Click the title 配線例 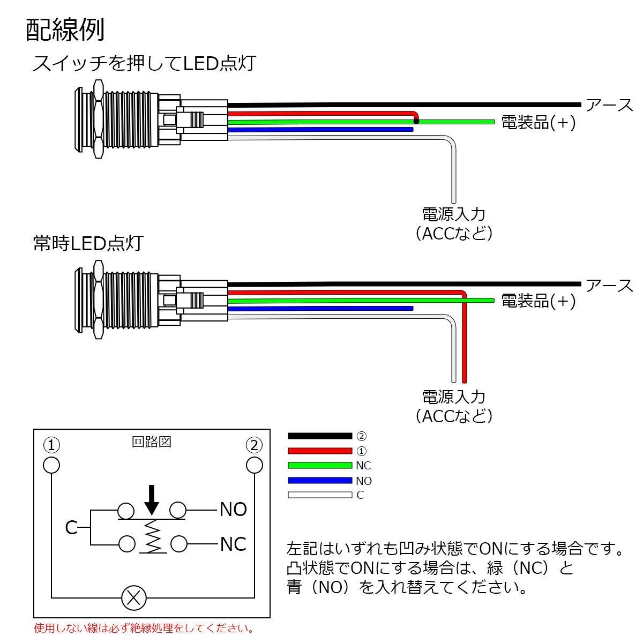click(65, 31)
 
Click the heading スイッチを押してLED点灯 click(144, 64)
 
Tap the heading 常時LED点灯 click(88, 243)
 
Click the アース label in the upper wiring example click(610, 105)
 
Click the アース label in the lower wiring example click(610, 285)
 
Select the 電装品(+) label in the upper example click(538, 123)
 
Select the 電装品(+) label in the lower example click(538, 301)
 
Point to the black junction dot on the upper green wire click(416, 122)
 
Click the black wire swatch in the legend click(319, 436)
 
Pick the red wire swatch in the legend click(319, 451)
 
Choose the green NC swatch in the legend click(319, 465)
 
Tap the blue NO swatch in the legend click(319, 480)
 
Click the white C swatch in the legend click(319, 495)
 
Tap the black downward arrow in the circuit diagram click(153, 499)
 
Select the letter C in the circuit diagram click(71, 528)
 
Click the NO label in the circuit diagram click(233, 510)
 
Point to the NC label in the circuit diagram click(233, 544)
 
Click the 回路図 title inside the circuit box click(152, 442)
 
